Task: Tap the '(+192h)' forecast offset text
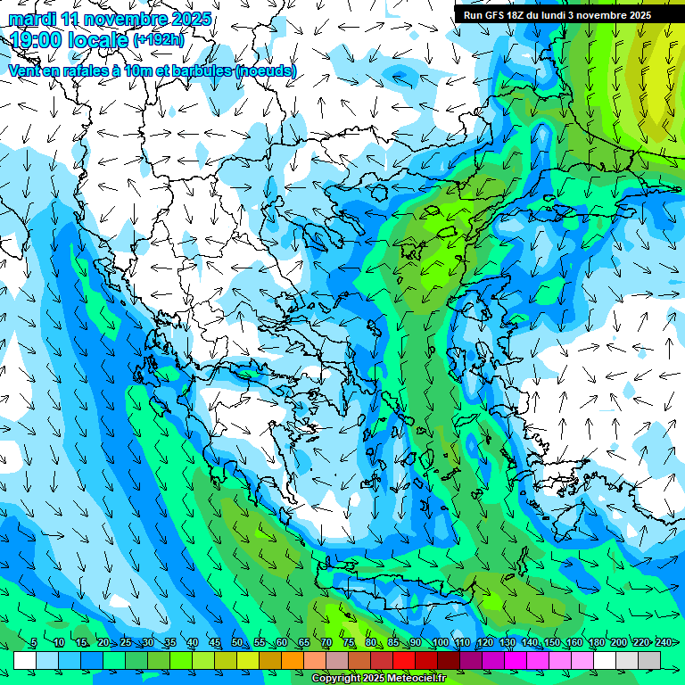coord(159,40)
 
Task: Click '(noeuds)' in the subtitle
coord(265,70)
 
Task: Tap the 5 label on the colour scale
coord(34,643)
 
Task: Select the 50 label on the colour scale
coord(237,643)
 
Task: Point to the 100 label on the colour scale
coord(440,643)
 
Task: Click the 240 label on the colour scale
coord(663,643)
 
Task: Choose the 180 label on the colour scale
coord(596,643)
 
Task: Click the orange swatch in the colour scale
coord(293,660)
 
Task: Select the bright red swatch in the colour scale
coord(404,660)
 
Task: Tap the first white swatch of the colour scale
coord(25,660)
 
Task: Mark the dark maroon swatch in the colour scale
coord(449,660)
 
